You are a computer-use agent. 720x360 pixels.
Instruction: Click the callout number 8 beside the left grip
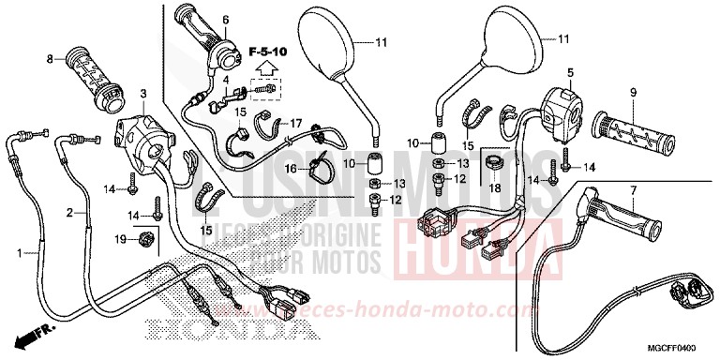tap(49, 59)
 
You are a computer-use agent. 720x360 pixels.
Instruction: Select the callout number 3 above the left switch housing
tap(143, 94)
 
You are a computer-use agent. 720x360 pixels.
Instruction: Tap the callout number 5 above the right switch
tap(569, 71)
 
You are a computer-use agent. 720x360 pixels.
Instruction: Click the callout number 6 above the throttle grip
tap(225, 19)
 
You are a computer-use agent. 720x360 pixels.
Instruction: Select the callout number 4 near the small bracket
tap(226, 81)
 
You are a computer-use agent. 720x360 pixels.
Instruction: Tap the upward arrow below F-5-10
tap(266, 67)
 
